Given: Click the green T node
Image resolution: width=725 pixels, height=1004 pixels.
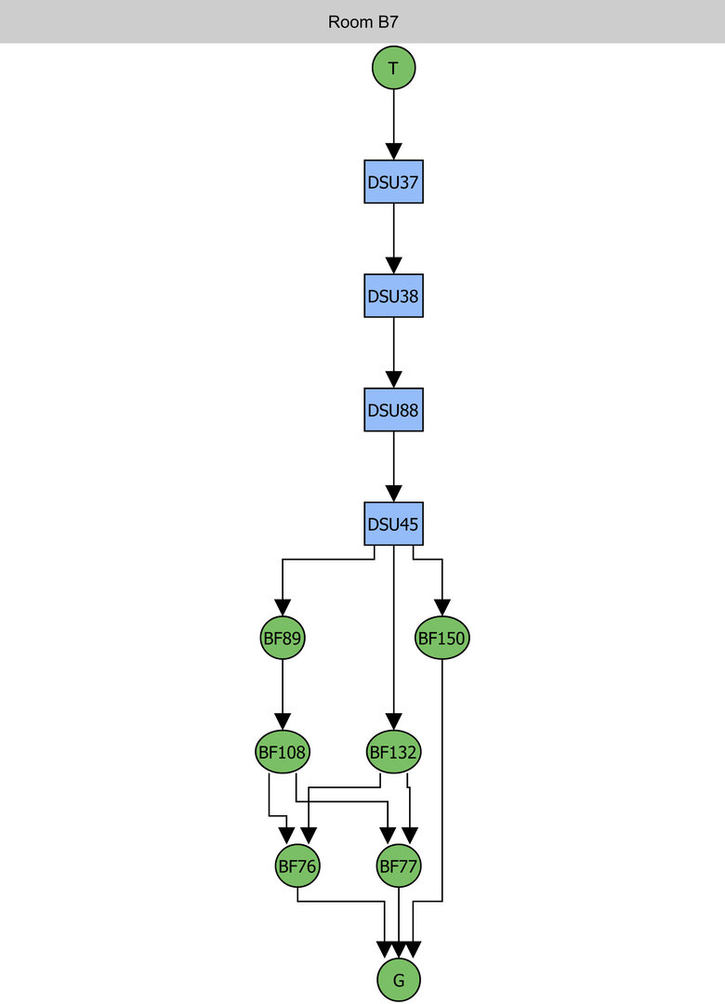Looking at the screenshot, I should coord(393,68).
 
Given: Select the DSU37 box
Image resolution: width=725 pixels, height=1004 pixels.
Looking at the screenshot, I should coord(393,182).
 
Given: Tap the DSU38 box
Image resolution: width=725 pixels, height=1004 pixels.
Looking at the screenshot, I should coord(393,297).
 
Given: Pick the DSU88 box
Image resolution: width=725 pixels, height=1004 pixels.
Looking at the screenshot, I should coord(393,410).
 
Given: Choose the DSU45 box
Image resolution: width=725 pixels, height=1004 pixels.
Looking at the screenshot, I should coord(393,524).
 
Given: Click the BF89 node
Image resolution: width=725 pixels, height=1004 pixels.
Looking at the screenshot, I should coord(283,639).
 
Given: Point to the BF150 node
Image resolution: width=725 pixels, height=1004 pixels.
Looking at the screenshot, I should coord(442,639).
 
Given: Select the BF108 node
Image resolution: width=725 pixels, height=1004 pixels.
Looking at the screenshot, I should coord(283,752).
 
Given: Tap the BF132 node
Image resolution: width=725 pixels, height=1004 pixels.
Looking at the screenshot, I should coord(394,752).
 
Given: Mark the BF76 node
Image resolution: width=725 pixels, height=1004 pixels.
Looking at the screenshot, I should coord(297,866).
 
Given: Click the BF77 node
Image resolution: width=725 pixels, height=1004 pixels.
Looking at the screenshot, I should coord(399,866).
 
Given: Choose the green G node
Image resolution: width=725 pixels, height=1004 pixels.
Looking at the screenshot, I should coord(399,980).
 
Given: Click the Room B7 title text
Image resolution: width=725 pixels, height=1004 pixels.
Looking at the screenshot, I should coord(362,21).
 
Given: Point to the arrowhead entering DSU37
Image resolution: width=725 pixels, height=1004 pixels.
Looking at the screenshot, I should coord(393,152).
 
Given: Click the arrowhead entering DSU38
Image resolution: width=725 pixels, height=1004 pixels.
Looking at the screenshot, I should coord(393,266).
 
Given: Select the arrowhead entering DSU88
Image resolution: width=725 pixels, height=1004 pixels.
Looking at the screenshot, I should coord(393,379).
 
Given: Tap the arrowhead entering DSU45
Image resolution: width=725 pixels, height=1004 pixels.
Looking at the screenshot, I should coord(393,494).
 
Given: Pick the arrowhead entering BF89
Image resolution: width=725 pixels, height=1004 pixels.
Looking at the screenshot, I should coord(283,608).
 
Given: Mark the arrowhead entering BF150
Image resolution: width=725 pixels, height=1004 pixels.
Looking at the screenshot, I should coord(442,608).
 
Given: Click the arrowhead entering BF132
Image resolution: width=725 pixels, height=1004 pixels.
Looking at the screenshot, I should coord(394,721).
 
